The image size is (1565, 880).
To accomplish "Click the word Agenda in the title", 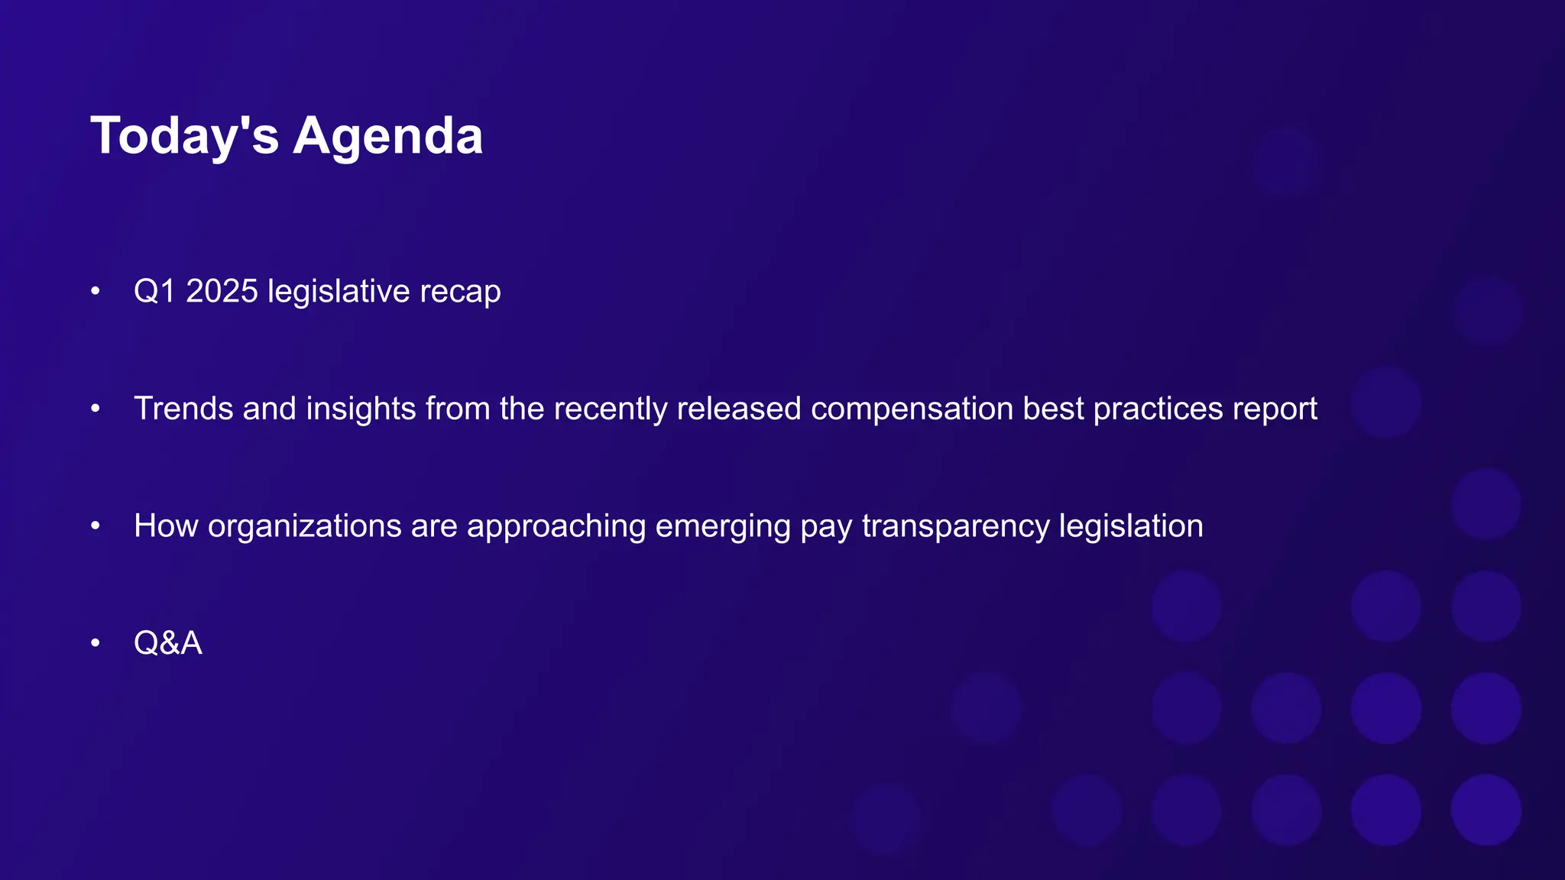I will point(387,136).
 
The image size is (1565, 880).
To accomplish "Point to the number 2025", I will point(222,291).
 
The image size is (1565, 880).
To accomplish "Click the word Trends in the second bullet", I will point(183,409).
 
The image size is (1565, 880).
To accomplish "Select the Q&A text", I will point(168,643).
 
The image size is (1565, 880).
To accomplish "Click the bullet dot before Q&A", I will point(96,643).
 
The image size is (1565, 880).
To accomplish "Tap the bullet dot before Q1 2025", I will point(96,291).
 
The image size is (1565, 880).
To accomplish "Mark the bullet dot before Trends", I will point(96,409).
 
